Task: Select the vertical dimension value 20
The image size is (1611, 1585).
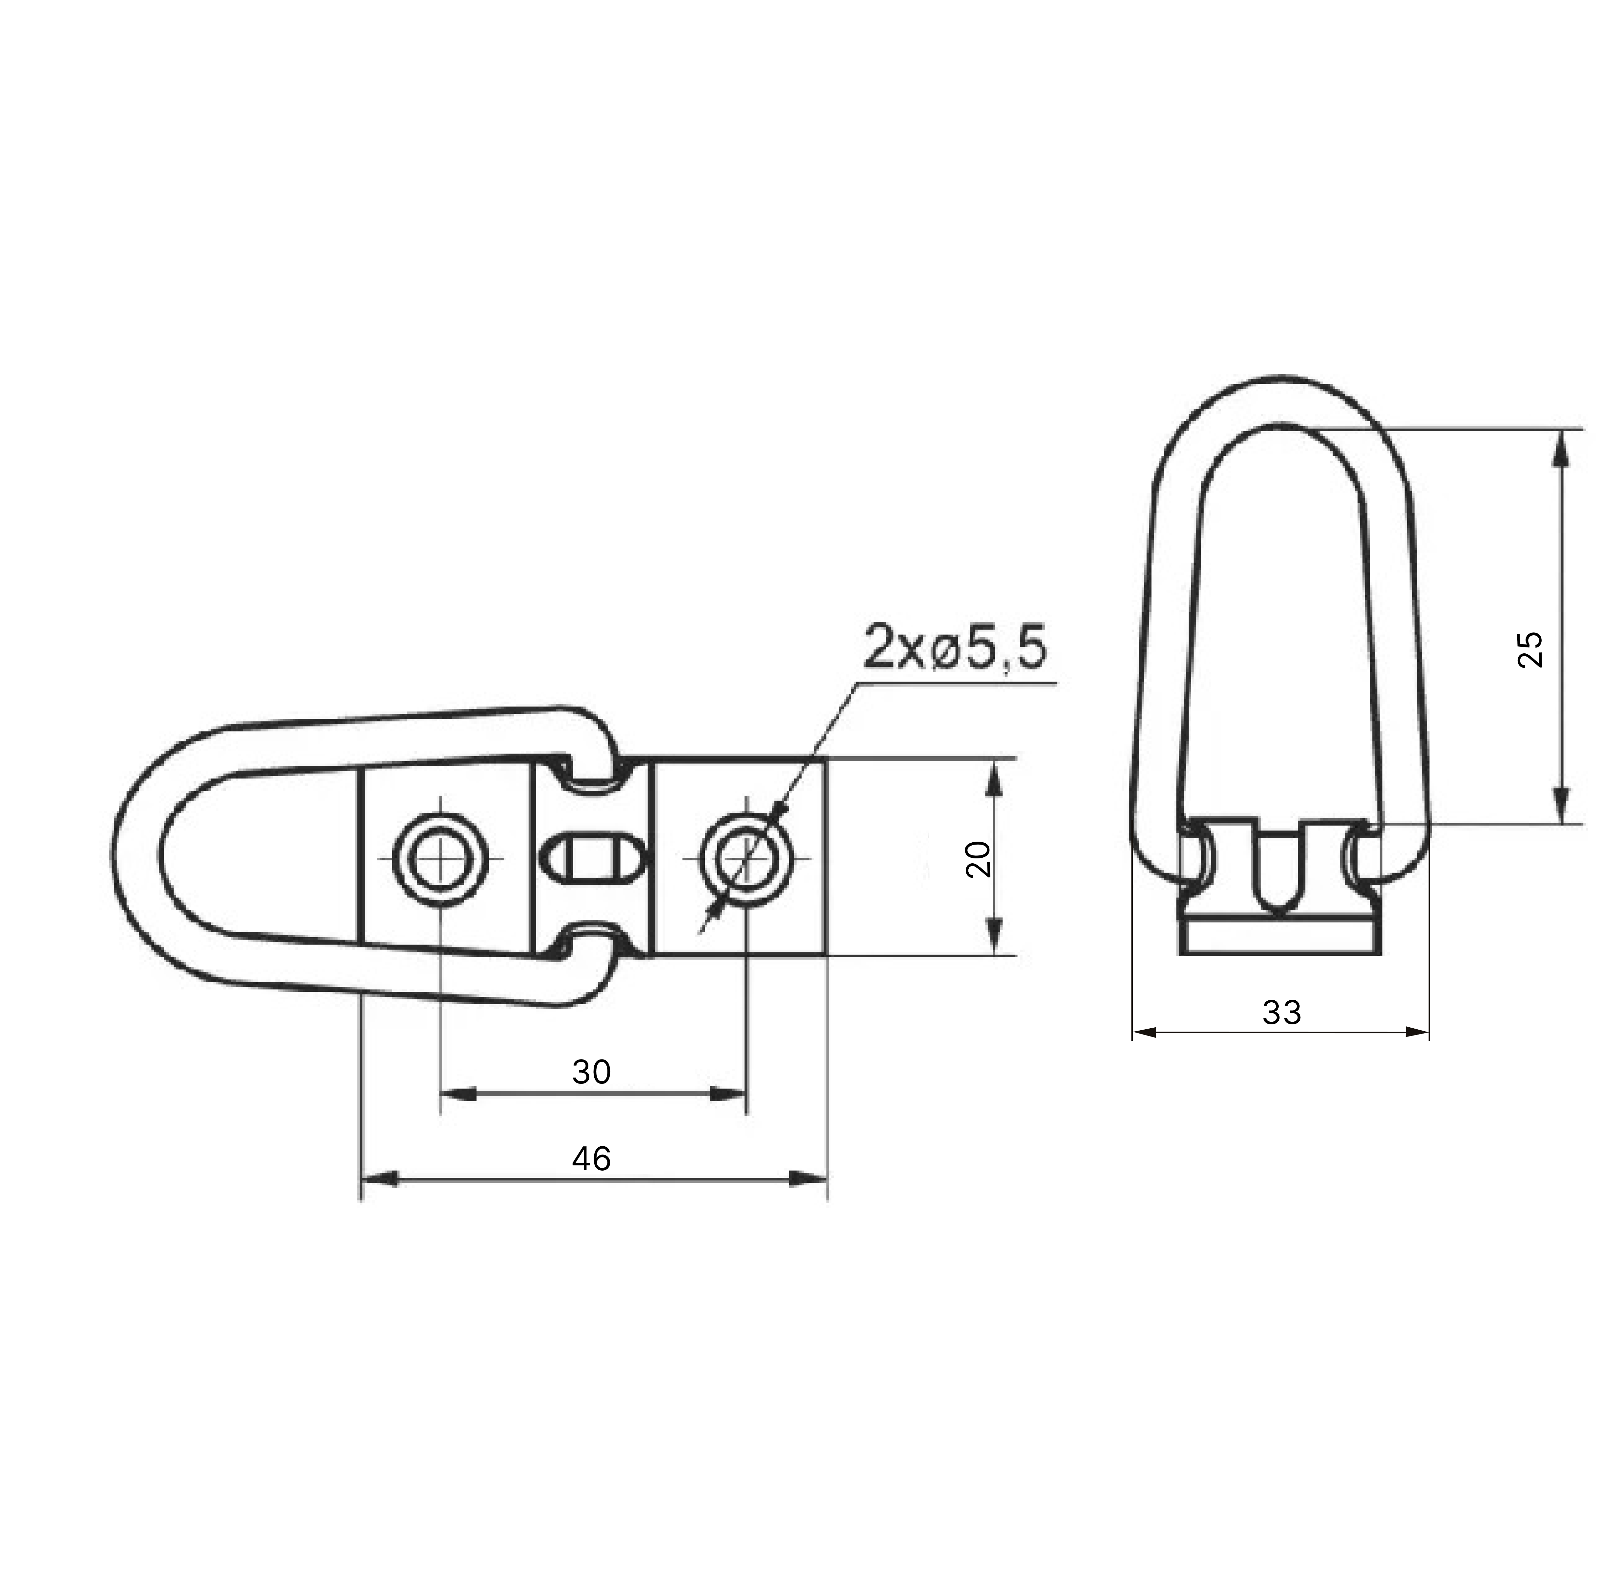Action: click(978, 858)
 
